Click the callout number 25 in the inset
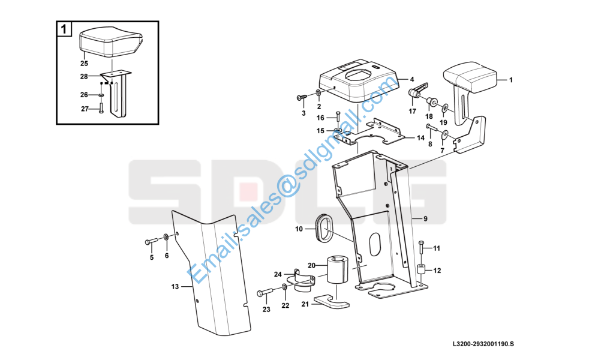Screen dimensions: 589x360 point(84,64)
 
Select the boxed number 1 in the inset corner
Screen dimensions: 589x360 point(64,29)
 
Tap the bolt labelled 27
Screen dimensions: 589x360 point(101,107)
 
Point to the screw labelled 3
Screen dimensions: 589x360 point(302,98)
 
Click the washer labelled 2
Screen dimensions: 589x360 point(318,93)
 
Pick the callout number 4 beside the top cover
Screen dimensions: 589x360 point(412,80)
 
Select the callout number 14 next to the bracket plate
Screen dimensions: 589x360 point(420,138)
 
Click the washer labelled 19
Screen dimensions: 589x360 point(444,109)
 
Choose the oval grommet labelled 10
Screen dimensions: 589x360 point(323,228)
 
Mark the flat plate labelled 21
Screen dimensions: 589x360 point(331,301)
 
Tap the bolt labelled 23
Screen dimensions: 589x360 point(266,293)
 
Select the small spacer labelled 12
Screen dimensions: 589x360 point(420,270)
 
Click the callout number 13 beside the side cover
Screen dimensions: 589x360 point(175,287)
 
